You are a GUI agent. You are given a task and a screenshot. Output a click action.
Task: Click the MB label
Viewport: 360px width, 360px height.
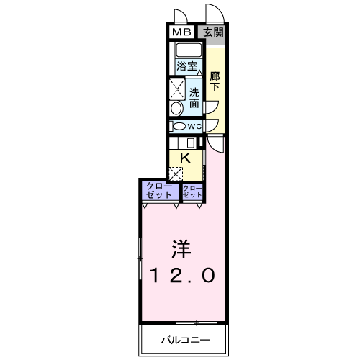(181, 32)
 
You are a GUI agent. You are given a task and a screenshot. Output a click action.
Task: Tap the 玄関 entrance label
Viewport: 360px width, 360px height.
(213, 32)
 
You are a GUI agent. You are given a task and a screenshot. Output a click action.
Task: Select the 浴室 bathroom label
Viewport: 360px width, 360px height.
(186, 66)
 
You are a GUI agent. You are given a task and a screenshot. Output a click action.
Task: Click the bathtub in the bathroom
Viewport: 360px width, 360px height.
(189, 50)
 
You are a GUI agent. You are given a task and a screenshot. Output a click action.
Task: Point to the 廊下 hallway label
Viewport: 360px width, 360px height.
(215, 81)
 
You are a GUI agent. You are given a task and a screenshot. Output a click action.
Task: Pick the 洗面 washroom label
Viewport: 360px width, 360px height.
(194, 98)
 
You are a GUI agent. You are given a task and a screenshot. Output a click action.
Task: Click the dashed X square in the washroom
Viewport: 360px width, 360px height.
(177, 89)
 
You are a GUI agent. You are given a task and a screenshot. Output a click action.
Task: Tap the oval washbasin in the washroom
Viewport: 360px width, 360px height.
(176, 109)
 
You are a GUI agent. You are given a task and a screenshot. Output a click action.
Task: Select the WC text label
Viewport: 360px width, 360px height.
(194, 126)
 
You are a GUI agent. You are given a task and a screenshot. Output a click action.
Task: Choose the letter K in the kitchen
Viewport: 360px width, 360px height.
(185, 158)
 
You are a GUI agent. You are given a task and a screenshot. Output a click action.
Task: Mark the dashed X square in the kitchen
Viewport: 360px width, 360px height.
(176, 174)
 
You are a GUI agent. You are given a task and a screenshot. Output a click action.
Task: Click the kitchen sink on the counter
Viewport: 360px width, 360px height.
(191, 143)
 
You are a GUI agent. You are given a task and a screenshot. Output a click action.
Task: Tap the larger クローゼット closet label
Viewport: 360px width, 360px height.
(159, 191)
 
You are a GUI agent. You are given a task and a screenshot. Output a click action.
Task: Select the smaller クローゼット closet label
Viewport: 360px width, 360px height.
(192, 192)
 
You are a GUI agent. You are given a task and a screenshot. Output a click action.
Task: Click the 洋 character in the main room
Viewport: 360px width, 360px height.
(181, 249)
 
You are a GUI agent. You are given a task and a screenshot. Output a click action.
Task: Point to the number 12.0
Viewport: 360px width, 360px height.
(182, 276)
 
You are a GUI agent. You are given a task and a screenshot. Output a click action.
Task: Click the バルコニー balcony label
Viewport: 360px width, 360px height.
(185, 340)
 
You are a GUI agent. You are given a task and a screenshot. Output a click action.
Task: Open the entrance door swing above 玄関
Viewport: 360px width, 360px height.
(215, 13)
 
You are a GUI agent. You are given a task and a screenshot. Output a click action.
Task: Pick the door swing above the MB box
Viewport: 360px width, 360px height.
(181, 16)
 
